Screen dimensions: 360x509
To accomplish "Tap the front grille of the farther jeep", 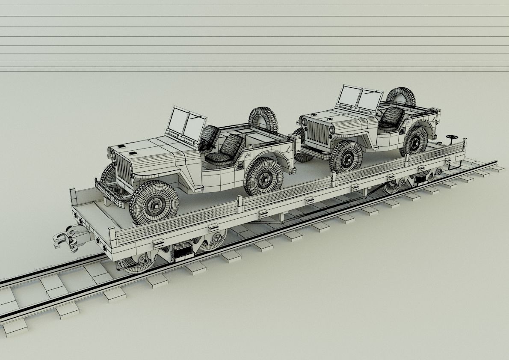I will coord(317,132).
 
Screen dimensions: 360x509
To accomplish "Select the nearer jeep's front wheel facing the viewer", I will coord(154,202).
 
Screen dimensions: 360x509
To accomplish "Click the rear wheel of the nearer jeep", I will coord(264,176).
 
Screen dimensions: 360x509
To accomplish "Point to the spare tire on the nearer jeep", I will coord(263,119).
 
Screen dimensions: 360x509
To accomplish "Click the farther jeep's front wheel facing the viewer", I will coord(346,157).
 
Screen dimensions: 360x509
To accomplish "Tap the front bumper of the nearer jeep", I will coord(109,188).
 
